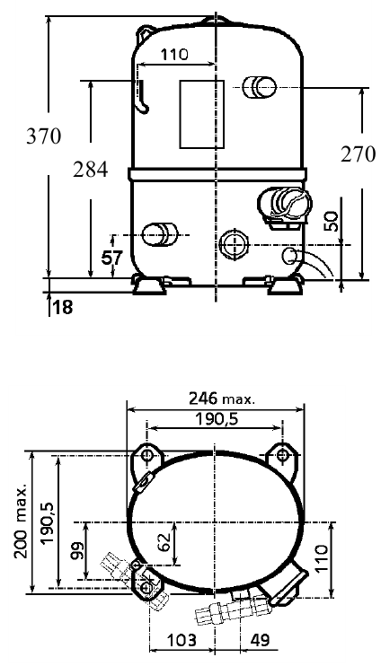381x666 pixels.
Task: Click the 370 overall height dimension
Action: tap(44, 136)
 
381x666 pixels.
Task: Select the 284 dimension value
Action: tap(90, 170)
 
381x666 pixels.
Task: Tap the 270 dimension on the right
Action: tap(358, 153)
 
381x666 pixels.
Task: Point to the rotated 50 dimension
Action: tap(334, 222)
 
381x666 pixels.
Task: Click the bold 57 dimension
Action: tap(111, 258)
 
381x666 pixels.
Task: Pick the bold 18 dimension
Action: tap(63, 307)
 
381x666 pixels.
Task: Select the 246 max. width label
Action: tap(222, 399)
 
